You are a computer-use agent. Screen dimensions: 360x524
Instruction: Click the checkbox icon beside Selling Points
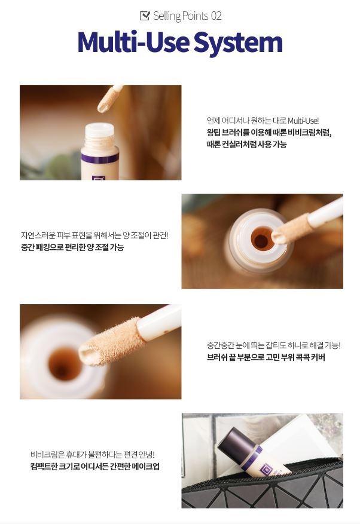coord(145,16)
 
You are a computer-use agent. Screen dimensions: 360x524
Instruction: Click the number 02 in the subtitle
coord(216,16)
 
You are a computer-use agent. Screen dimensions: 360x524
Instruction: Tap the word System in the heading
coord(238,42)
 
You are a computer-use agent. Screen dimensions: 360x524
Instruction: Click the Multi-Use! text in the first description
coord(303,121)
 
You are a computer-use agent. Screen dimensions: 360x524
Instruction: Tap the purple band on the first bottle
coord(100,158)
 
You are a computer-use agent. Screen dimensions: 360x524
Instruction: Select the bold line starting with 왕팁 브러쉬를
coord(269,133)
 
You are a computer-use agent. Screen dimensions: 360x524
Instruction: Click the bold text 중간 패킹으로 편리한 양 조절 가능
coord(72,247)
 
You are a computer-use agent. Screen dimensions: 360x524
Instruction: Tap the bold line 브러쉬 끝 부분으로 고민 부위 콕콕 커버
coord(266,357)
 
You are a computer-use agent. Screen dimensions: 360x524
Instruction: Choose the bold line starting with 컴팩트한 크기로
coord(94,466)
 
